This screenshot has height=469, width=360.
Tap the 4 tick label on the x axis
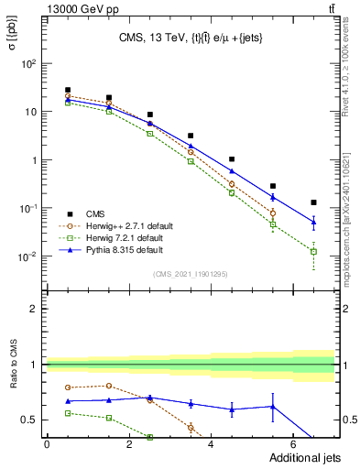[212, 444]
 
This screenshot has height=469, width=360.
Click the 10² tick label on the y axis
[29, 64]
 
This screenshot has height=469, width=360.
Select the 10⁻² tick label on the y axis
[28, 256]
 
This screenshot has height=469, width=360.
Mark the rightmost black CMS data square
[313, 202]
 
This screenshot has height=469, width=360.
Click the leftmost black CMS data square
[68, 90]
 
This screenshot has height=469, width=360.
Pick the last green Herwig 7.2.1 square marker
[313, 251]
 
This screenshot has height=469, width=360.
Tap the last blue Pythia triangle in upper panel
[313, 222]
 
